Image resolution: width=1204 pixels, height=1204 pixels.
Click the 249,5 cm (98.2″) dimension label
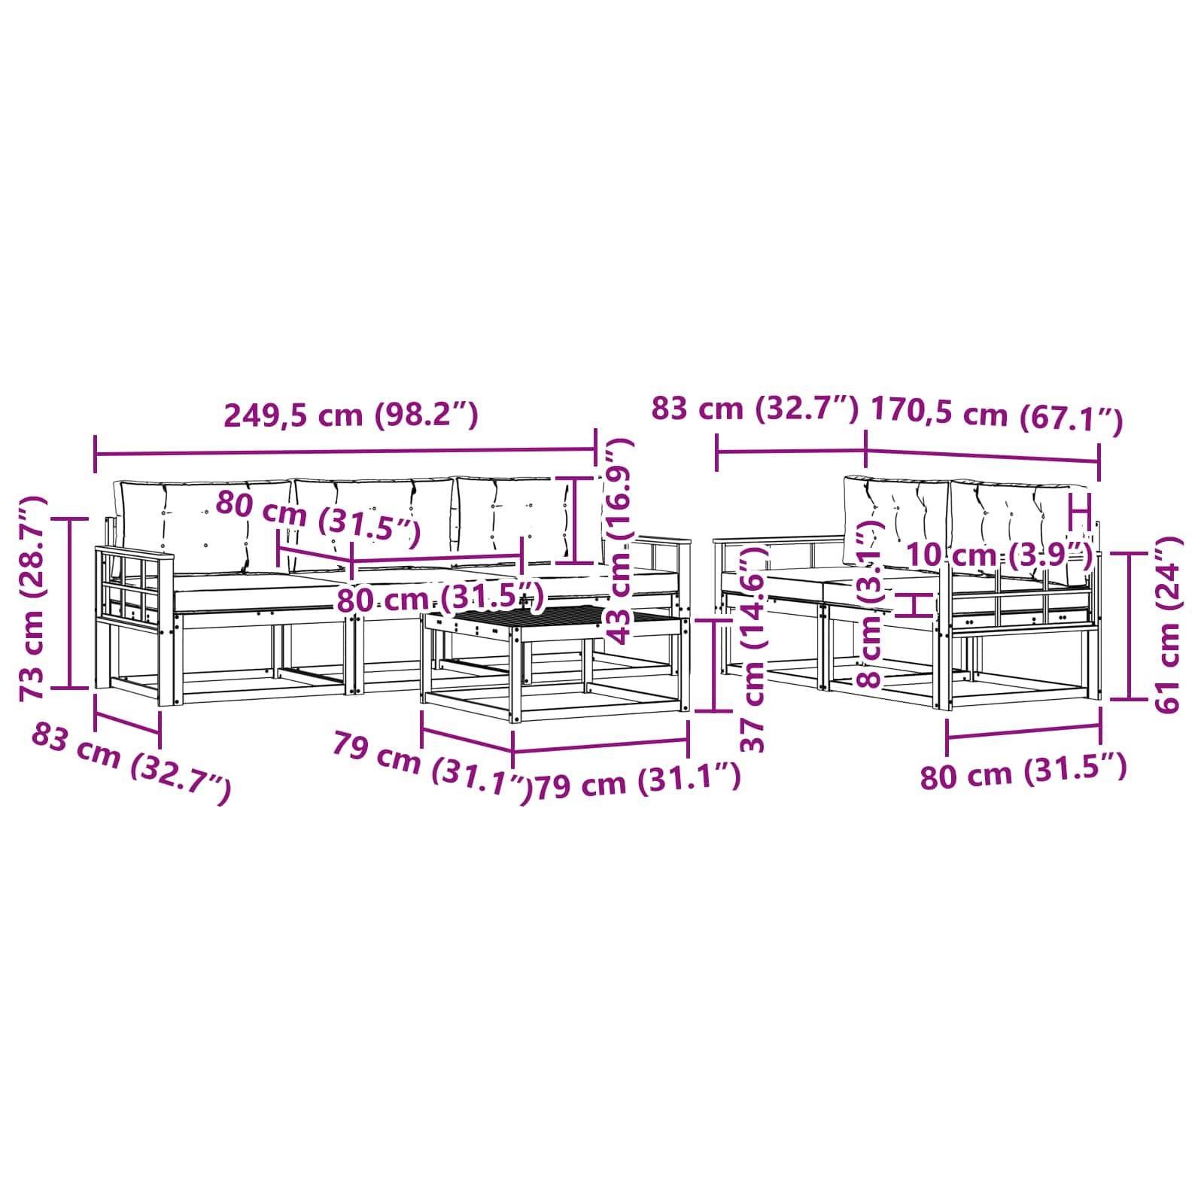[351, 415]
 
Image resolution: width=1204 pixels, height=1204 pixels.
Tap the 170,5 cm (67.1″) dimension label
[996, 417]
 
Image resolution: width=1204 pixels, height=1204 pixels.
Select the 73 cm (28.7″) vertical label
[34, 598]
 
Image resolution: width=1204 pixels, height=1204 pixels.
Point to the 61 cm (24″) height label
[1166, 624]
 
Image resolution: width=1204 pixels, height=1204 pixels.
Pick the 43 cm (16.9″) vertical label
[621, 542]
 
